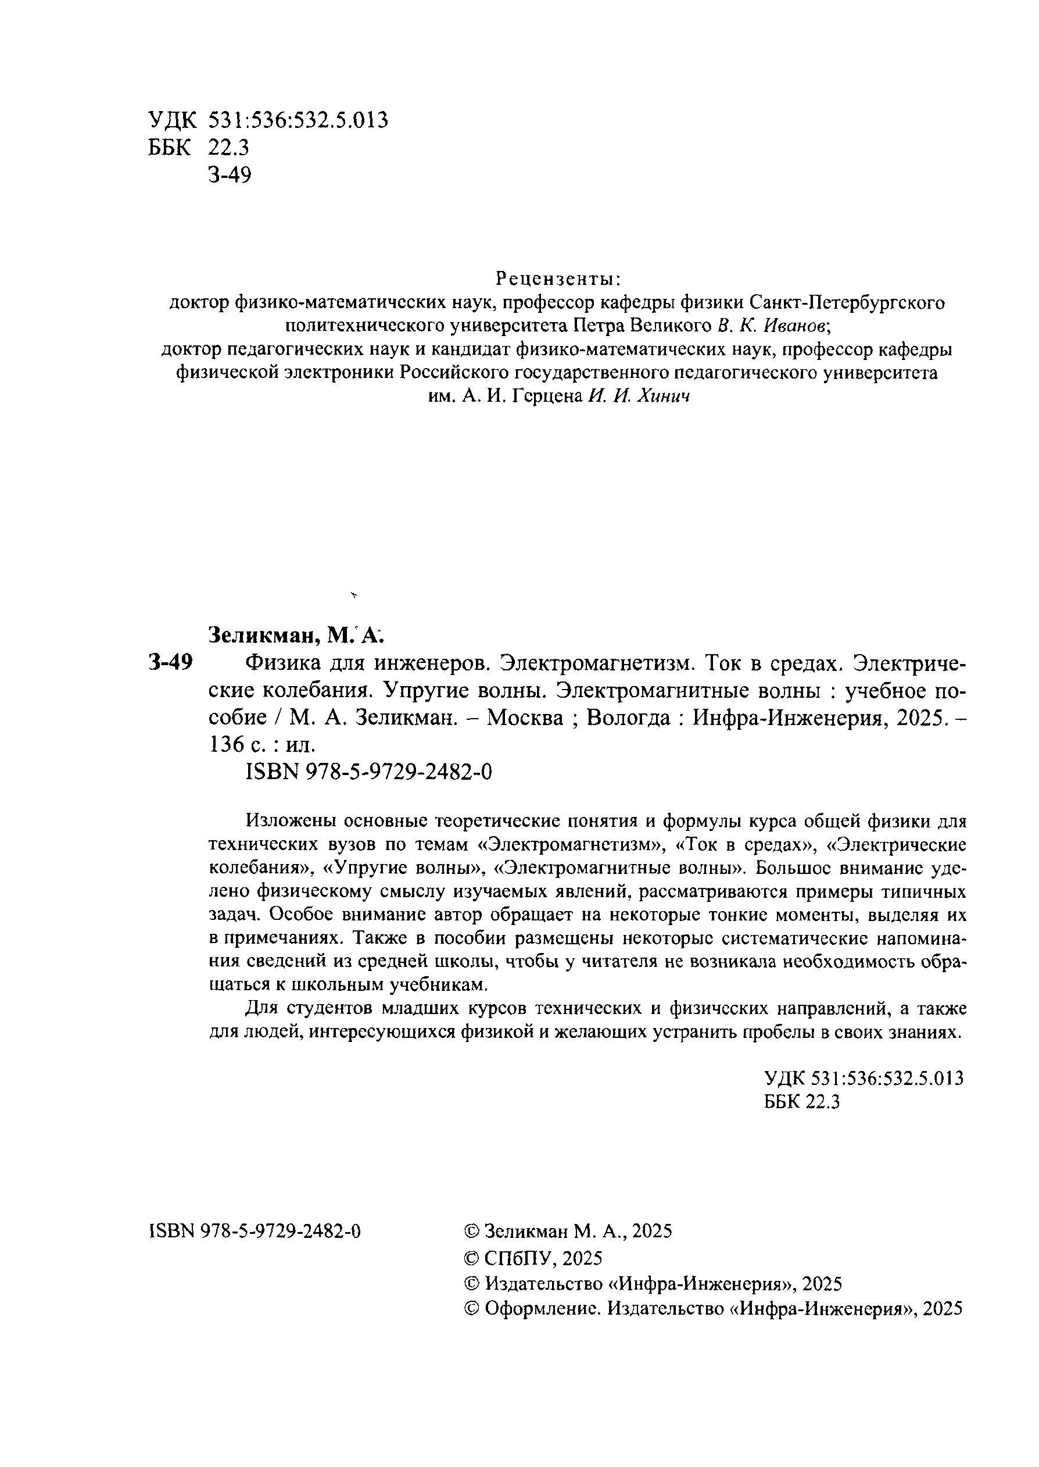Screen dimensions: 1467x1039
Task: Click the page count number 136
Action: (x=227, y=744)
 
